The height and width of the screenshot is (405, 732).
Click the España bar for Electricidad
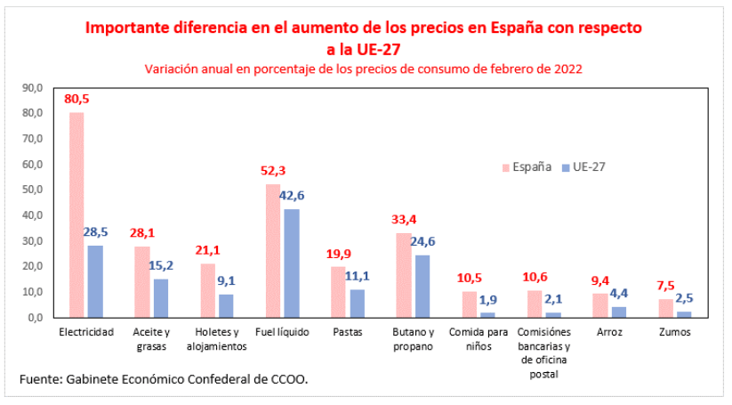click(x=76, y=215)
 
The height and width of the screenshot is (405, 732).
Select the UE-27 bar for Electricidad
click(x=95, y=280)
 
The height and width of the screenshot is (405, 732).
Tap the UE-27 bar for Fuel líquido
click(x=291, y=263)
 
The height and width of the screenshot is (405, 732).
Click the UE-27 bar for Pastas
click(x=357, y=303)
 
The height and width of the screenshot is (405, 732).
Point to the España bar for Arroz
click(x=599, y=304)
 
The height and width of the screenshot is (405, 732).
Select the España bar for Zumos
click(x=665, y=307)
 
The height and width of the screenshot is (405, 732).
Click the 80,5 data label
click(x=78, y=99)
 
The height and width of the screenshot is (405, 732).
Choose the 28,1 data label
click(x=142, y=233)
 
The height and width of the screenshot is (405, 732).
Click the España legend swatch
click(x=506, y=166)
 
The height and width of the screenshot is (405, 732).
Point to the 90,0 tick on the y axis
click(x=33, y=87)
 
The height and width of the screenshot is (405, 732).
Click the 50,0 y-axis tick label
click(x=33, y=190)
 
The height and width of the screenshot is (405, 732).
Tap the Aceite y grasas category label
click(x=151, y=339)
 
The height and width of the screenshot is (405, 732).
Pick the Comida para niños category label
click(x=479, y=339)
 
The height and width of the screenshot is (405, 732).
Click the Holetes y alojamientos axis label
click(x=216, y=339)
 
